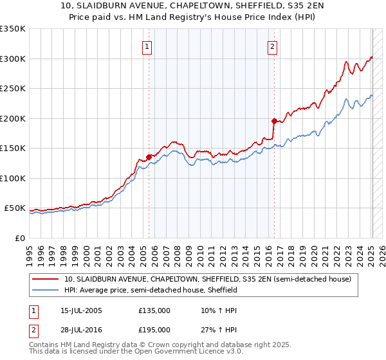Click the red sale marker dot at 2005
click(149, 156)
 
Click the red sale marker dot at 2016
click(274, 121)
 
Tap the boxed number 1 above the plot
click(147, 46)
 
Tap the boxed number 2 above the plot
click(273, 46)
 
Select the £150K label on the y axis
click(13, 148)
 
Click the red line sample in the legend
click(46, 280)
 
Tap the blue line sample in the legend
click(46, 290)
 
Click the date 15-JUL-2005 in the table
click(78, 310)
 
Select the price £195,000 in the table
click(154, 330)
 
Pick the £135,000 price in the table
click(154, 310)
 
